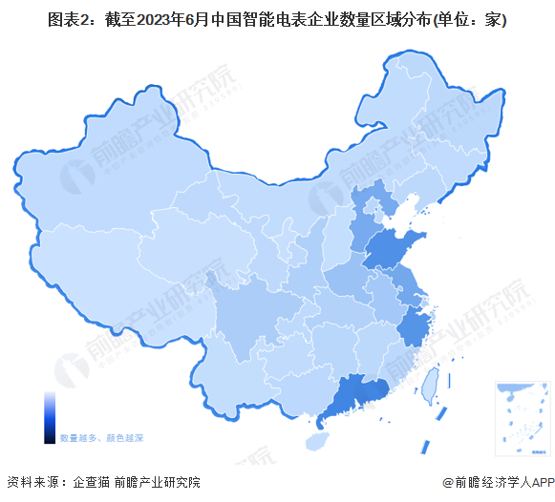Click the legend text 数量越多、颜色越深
click(102, 438)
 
